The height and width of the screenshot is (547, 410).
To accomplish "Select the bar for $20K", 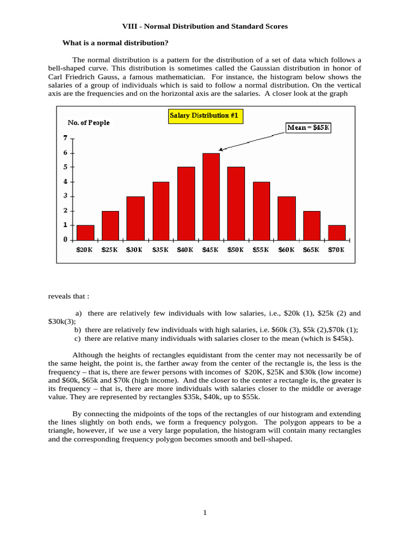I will point(85,232).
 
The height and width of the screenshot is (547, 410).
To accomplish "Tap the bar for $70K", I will point(337,232).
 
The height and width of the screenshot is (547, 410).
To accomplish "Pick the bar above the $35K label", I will point(161,211).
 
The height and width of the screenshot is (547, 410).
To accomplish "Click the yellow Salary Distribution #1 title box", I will point(203,115).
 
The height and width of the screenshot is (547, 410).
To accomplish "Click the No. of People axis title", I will point(89,123).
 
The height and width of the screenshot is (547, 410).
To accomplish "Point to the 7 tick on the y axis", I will point(66,138).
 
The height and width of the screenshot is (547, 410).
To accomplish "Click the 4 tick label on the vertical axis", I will point(66,182).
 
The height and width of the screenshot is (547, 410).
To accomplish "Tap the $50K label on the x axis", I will point(236,249).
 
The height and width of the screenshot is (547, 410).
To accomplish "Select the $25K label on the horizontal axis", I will point(110,249).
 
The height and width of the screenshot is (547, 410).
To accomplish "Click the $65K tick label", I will point(311,249).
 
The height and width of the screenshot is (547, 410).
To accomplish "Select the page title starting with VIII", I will point(205,26).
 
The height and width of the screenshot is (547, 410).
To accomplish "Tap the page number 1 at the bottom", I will point(204,513).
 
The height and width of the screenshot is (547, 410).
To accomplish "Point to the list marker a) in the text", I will point(78,314).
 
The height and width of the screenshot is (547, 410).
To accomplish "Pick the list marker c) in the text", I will point(78,339).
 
